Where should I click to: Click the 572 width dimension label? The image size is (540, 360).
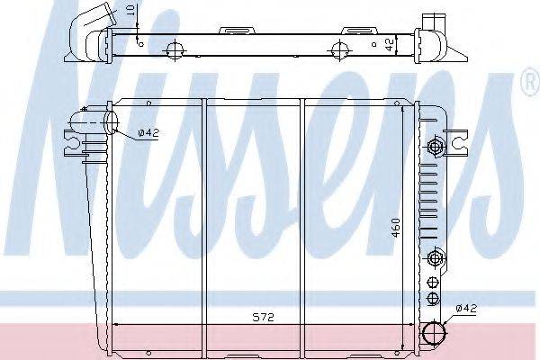tap(264, 318)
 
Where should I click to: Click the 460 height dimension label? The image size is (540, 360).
tap(396, 228)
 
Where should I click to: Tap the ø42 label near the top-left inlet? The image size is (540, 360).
tap(148, 133)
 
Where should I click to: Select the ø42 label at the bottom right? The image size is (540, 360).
tap(466, 309)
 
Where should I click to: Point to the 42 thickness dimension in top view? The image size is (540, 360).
tap(389, 45)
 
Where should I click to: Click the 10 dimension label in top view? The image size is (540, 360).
tap(130, 9)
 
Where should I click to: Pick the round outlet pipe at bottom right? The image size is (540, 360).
tap(434, 333)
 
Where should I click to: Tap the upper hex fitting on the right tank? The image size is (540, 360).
tap(435, 147)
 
